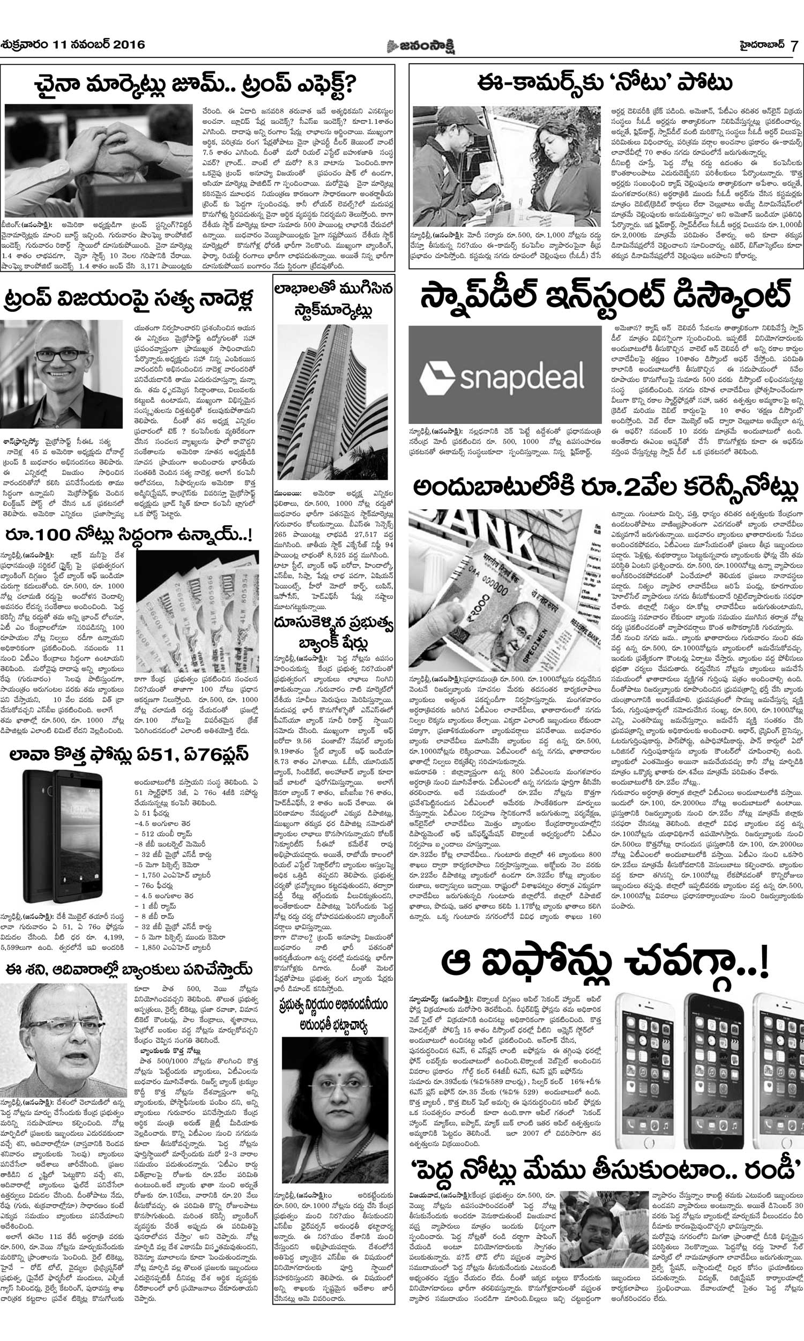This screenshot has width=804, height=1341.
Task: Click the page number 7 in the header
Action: (793, 45)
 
